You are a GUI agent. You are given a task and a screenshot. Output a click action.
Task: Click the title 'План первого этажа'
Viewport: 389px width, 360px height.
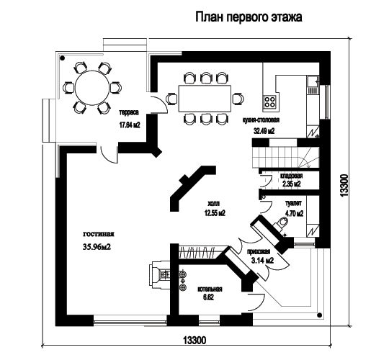249,17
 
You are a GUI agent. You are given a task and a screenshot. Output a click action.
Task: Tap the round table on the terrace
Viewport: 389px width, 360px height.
92,88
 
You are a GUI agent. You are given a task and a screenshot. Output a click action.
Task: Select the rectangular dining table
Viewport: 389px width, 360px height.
205,99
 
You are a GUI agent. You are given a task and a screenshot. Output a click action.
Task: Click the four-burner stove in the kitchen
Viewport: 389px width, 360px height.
269,102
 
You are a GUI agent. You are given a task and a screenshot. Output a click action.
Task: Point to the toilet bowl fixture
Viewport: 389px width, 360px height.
282,222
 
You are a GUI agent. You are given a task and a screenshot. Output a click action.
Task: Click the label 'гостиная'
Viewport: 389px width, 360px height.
99,234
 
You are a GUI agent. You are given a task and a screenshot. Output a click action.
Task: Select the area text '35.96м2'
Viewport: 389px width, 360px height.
97,247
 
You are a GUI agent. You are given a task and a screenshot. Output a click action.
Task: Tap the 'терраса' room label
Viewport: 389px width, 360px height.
129,112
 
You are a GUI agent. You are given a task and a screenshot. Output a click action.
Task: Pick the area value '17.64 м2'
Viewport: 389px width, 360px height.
130,125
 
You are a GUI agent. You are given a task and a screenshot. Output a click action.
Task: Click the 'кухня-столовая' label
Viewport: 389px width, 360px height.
261,120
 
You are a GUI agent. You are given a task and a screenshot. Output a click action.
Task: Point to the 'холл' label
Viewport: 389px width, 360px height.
214,204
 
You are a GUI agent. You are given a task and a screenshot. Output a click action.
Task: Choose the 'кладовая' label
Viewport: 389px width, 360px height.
292,176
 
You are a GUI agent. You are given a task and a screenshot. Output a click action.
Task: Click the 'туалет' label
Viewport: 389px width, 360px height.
293,203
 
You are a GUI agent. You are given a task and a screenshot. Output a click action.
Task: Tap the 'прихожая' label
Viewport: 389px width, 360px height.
259,252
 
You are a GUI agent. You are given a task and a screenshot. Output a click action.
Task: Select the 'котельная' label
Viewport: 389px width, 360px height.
210,289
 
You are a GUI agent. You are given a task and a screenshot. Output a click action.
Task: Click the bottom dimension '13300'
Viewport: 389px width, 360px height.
194,340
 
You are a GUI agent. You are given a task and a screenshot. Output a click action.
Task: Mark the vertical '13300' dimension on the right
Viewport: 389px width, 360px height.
344,186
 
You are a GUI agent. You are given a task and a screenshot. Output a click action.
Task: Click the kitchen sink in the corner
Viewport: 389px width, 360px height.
313,81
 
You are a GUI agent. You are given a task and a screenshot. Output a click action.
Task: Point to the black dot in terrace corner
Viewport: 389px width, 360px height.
63,58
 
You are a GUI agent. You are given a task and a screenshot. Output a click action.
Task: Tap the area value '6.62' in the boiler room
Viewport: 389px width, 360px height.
209,297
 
